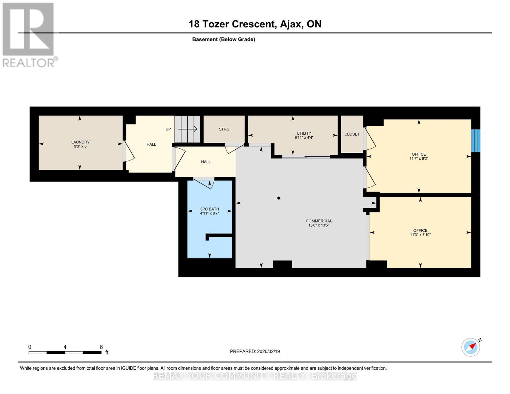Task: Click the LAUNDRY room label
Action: pos(80,142)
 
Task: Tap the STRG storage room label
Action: pos(224,129)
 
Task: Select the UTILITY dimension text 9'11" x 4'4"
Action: pos(304,138)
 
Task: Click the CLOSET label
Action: pos(352,134)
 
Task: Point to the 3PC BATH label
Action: pos(210,209)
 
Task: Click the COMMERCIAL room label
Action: pos(319,221)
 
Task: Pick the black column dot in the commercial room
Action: pos(279,198)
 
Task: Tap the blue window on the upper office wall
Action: pos(476,141)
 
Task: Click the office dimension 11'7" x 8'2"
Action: pos(419,159)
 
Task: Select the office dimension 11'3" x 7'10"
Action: pos(420,235)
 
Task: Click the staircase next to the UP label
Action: pos(187,129)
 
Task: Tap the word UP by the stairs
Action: pos(168,129)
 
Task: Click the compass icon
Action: pos(471,347)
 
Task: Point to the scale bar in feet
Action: pos(65,352)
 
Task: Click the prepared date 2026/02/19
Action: pos(255,351)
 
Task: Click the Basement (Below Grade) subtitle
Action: pos(224,39)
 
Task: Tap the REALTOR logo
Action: pos(29,34)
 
